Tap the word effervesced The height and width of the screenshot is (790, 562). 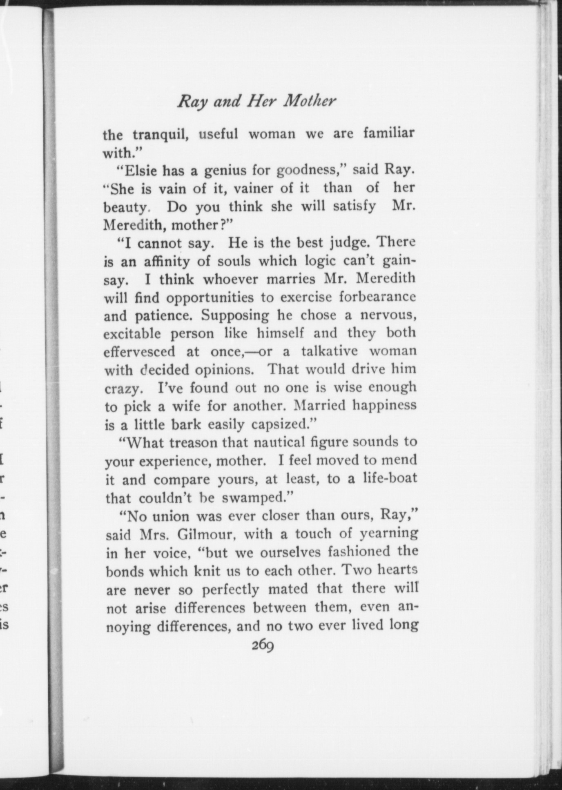pyautogui.click(x=139, y=352)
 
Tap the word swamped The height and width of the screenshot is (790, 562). pyautogui.click(x=256, y=498)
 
